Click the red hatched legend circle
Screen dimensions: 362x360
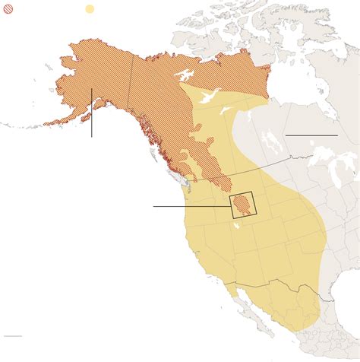(8, 10)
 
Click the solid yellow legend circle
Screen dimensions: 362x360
(90, 10)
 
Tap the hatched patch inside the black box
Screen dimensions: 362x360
(242, 205)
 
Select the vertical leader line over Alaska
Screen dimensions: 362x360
(92, 114)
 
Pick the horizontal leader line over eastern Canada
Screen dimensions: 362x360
(311, 135)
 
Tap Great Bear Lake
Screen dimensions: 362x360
(183, 76)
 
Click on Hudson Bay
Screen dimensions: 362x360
(304, 84)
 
